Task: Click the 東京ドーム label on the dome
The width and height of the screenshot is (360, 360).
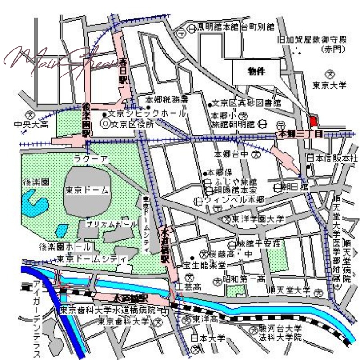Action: (x=86, y=190)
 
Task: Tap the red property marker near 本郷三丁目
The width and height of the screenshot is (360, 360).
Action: (x=313, y=121)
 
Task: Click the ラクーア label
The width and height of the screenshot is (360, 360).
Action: (x=91, y=159)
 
